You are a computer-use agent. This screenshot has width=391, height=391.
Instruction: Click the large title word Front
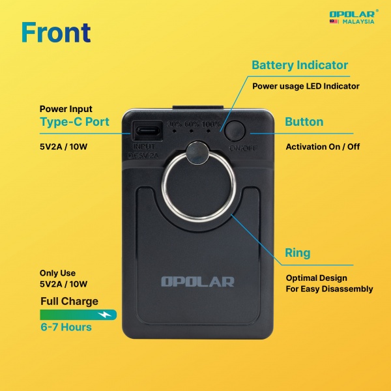55,31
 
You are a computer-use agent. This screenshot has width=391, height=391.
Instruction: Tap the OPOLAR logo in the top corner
352,12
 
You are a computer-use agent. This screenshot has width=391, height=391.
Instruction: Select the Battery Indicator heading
300,65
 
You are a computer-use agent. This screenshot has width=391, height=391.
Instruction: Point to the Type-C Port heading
74,122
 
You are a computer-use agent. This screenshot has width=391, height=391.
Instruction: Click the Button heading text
304,122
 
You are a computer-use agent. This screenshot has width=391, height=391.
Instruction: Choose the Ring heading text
298,252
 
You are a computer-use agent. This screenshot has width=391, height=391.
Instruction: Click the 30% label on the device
175,124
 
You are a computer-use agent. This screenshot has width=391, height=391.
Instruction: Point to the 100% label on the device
211,124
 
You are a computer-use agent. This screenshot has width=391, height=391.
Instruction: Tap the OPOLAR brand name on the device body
197,282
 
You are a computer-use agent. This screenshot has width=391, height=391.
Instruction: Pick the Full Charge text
69,301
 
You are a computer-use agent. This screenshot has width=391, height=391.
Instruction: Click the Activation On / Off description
323,147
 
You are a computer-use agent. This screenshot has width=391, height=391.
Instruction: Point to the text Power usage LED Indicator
306,86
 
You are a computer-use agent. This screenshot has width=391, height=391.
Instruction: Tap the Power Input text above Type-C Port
66,109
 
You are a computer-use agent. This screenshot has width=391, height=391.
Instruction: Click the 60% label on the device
193,124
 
